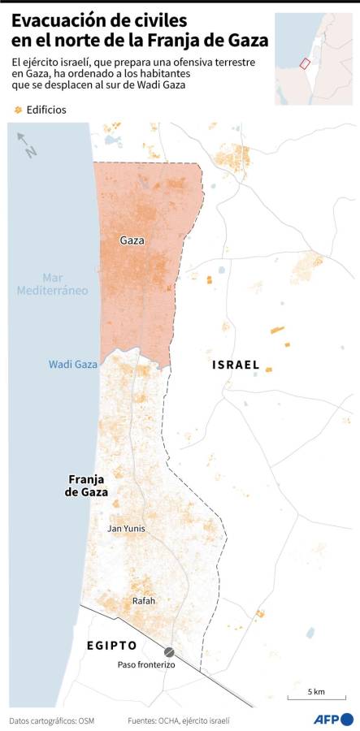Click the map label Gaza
[133, 240]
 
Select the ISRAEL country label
[236, 365]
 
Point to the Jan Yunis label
[127, 528]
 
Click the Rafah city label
[143, 601]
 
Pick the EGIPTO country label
[111, 645]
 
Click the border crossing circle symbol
[169, 651]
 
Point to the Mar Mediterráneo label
[52, 283]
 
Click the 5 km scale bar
[315, 696]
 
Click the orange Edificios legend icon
[17, 110]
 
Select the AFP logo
[334, 719]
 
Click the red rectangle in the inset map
[305, 63]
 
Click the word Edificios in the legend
[46, 110]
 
